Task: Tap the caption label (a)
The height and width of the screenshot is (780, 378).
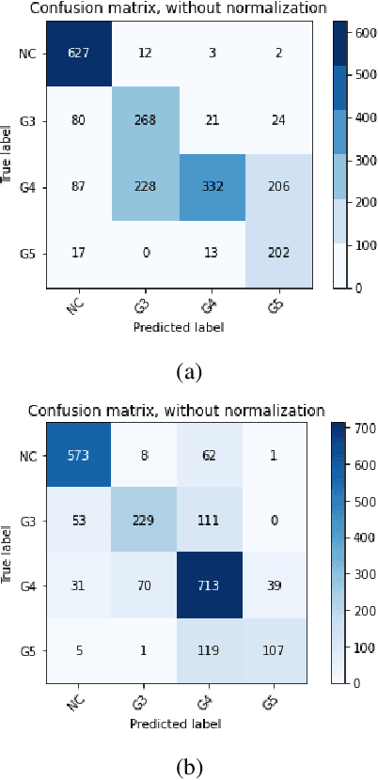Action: pos(189,371)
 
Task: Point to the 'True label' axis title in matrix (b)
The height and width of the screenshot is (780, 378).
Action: pos(8,551)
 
